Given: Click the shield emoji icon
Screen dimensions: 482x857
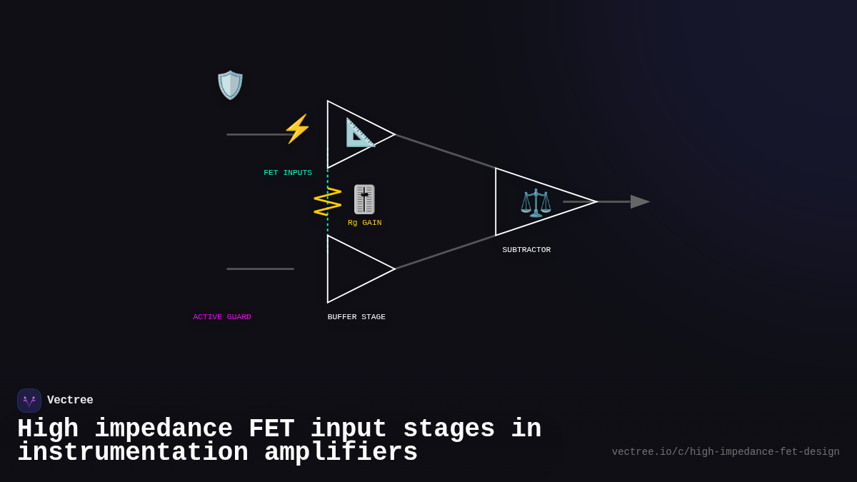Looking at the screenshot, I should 230,85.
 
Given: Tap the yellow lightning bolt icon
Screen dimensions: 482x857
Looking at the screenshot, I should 297,129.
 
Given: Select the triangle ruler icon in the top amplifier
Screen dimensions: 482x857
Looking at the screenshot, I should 360,133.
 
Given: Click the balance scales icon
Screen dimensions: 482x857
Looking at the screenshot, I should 536,202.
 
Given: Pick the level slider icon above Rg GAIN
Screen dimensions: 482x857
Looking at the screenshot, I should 364,199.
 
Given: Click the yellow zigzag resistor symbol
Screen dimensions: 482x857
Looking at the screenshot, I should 327,201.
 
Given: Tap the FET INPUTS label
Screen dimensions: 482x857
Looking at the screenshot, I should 288,173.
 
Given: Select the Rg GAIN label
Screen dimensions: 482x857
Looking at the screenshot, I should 364,223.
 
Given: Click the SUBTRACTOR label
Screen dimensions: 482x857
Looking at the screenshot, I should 526,250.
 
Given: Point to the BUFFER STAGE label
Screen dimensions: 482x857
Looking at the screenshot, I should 356,317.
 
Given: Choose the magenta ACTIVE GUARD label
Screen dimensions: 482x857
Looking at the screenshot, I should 222,317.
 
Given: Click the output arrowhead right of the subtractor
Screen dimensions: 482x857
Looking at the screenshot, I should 640,202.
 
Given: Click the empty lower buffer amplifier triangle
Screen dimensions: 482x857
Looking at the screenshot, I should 354,269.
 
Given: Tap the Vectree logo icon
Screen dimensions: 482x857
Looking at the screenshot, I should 29,401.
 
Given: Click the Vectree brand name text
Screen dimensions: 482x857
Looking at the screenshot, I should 70,401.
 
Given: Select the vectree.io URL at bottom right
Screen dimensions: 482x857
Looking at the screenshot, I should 726,452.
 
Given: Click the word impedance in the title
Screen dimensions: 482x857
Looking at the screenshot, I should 164,429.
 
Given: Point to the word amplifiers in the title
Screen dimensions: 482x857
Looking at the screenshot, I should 341,453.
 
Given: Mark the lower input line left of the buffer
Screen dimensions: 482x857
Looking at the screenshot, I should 260,269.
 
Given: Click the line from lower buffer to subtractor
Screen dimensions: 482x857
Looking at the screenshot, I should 445,253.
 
